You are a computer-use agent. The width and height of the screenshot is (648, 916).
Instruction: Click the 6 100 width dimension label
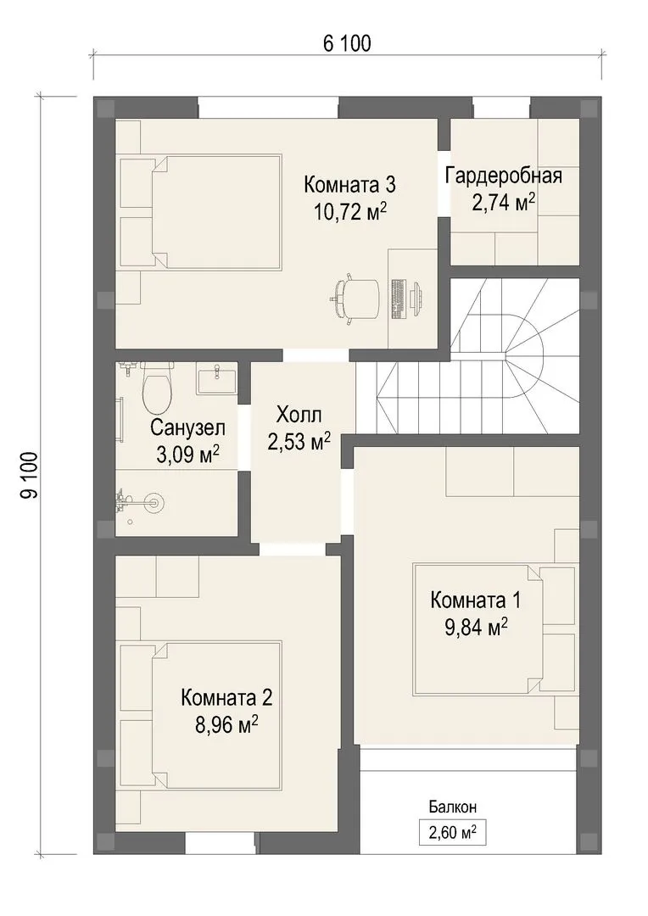click(x=347, y=43)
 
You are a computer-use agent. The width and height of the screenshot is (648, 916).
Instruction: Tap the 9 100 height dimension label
click(x=29, y=475)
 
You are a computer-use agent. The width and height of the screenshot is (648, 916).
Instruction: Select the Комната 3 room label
click(x=350, y=185)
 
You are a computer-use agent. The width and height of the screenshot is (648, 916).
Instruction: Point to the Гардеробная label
click(x=504, y=176)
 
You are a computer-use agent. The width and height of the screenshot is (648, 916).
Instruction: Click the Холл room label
click(x=299, y=416)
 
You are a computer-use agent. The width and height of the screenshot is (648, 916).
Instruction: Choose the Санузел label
click(x=187, y=427)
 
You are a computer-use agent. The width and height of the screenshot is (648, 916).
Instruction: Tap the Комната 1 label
click(x=475, y=600)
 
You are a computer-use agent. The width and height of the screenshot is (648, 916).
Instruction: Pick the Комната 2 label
click(x=226, y=697)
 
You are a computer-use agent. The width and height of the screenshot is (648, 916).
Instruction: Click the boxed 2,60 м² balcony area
click(x=453, y=832)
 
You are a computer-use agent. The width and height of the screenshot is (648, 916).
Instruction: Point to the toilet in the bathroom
click(x=157, y=385)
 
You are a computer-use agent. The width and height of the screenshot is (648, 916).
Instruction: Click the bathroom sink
click(x=217, y=378)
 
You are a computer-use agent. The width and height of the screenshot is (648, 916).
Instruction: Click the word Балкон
click(x=453, y=807)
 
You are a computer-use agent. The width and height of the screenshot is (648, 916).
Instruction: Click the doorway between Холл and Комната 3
click(x=316, y=355)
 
